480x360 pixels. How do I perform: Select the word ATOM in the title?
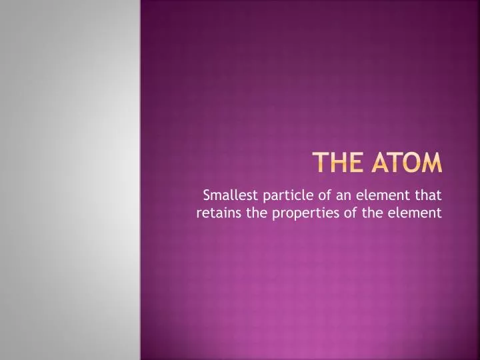pos(407,162)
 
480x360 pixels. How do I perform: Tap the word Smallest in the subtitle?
pos(231,195)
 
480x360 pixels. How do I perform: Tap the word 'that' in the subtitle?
pos(428,195)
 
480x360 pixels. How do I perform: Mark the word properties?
pos(306,213)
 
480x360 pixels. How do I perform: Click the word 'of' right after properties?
pos(350,213)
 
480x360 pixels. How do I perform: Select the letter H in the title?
pos(339,162)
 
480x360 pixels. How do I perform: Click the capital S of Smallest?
pos(207,195)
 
